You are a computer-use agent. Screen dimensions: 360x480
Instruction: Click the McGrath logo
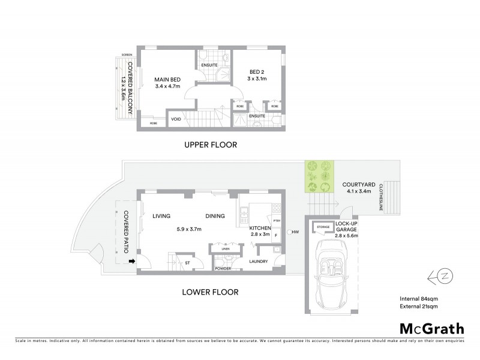(x=431, y=329)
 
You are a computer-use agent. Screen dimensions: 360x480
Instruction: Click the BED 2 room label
(x=257, y=71)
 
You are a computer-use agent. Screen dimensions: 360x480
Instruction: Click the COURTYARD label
(x=359, y=184)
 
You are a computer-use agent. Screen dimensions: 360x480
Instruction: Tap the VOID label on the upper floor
(x=176, y=119)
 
